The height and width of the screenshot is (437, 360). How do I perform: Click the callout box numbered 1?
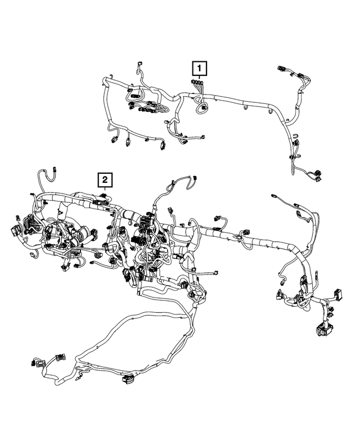pyautogui.click(x=199, y=69)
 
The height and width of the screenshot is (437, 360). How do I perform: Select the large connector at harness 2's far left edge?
pyautogui.click(x=15, y=232)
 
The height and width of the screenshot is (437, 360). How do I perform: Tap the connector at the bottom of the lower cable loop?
pyautogui.click(x=127, y=382)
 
